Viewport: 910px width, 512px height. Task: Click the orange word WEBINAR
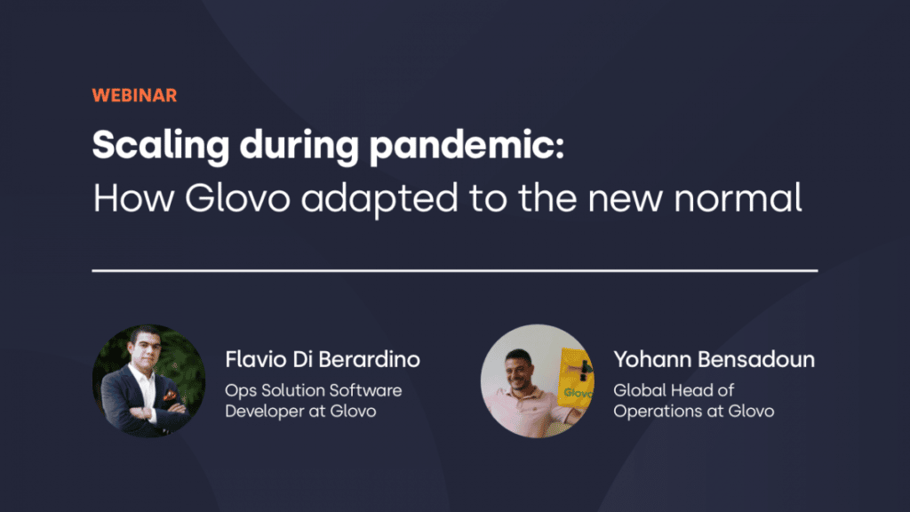pos(134,96)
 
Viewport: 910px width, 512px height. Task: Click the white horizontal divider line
pos(455,268)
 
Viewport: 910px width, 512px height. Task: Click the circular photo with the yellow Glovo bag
pos(538,380)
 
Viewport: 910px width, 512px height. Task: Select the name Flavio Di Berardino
pos(323,360)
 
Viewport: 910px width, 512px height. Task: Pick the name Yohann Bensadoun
pos(714,360)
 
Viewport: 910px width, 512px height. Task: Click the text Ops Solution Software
pos(313,390)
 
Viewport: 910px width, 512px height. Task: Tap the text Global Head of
pos(674,390)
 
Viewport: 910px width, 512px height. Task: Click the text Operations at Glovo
pos(693,411)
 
